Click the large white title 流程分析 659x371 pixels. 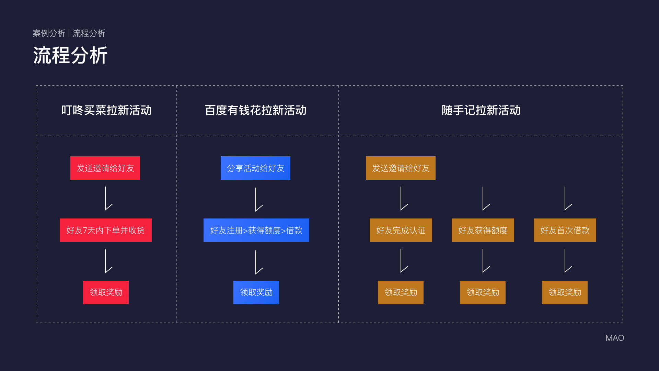[x=70, y=55]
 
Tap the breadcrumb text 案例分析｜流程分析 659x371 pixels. [x=69, y=33]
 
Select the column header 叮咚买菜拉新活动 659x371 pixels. [x=106, y=110]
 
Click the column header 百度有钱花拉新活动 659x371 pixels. [x=256, y=110]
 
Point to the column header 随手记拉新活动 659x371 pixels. [x=481, y=110]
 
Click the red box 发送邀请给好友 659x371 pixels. [x=105, y=168]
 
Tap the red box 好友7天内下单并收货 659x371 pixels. [x=106, y=230]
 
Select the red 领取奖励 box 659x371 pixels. [x=106, y=292]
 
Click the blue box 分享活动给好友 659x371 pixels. [x=255, y=168]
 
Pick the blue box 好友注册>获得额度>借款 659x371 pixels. [x=256, y=230]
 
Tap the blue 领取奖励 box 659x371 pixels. [x=256, y=292]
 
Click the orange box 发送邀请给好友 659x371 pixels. [x=401, y=168]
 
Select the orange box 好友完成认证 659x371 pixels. [x=401, y=230]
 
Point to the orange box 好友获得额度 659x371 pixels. [x=483, y=230]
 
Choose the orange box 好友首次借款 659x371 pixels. [x=565, y=230]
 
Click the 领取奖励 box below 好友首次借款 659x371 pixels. [x=565, y=292]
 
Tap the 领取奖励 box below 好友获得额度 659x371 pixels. [x=483, y=292]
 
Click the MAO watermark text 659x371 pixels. [x=615, y=338]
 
